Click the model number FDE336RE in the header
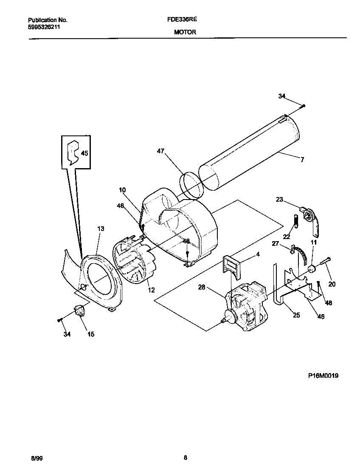[185, 20]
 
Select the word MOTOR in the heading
[185, 32]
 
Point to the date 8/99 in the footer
[37, 458]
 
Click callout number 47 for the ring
[160, 151]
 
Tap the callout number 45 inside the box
[84, 153]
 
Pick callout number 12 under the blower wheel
[151, 290]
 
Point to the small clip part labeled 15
[79, 312]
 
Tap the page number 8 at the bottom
[186, 458]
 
